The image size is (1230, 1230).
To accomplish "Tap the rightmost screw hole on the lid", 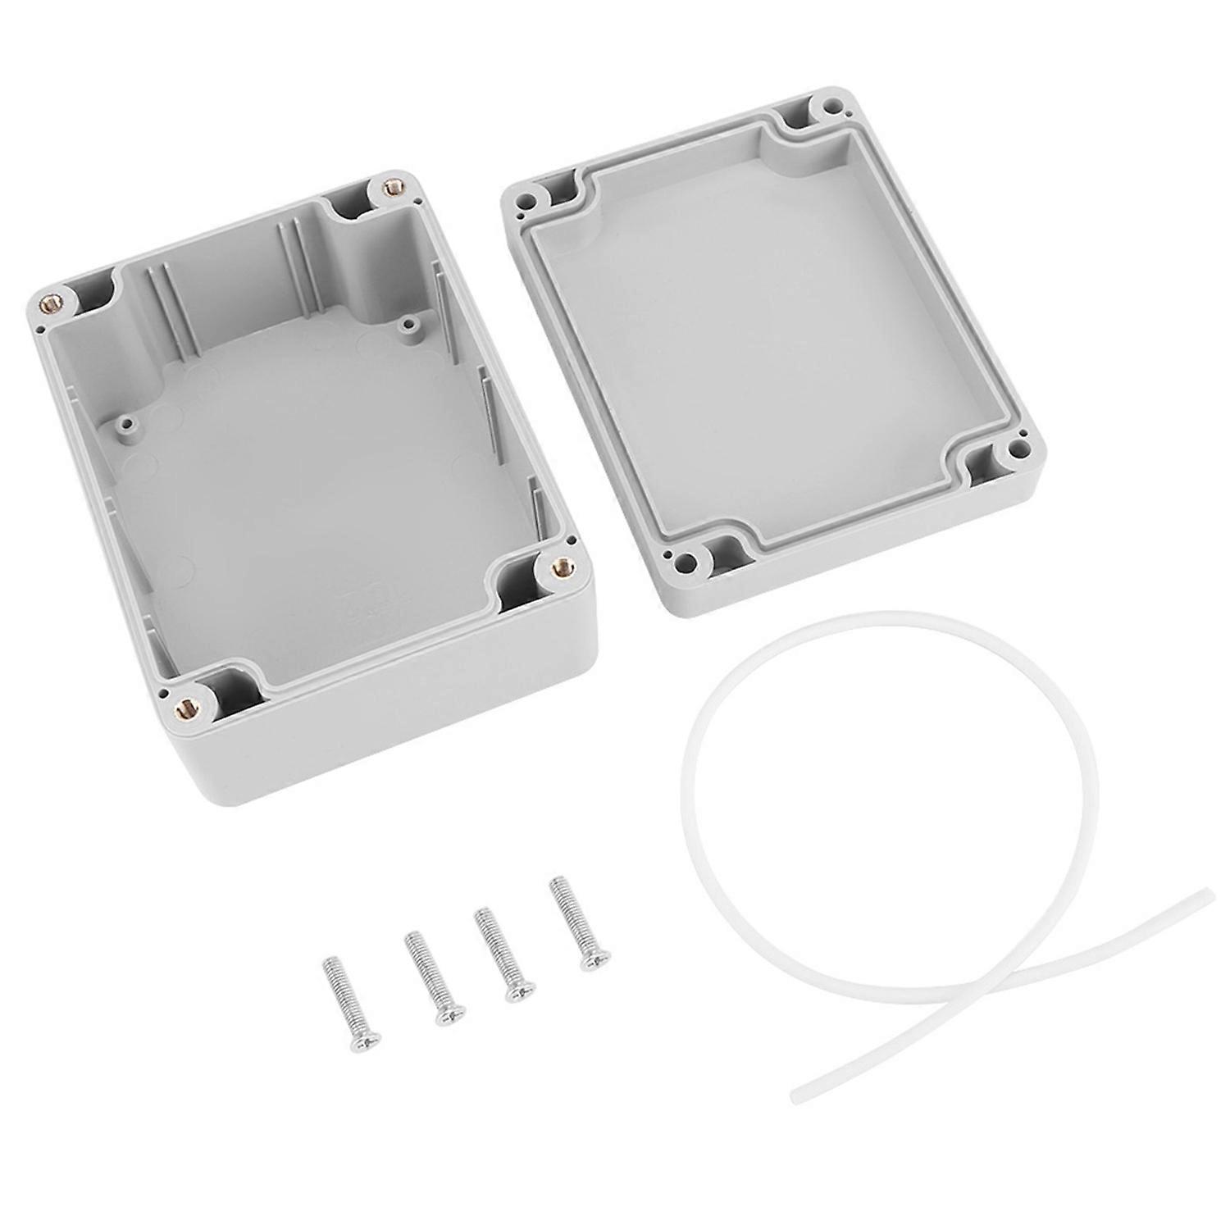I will coord(1019,449).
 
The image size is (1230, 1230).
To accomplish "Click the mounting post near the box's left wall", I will coord(124,425).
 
